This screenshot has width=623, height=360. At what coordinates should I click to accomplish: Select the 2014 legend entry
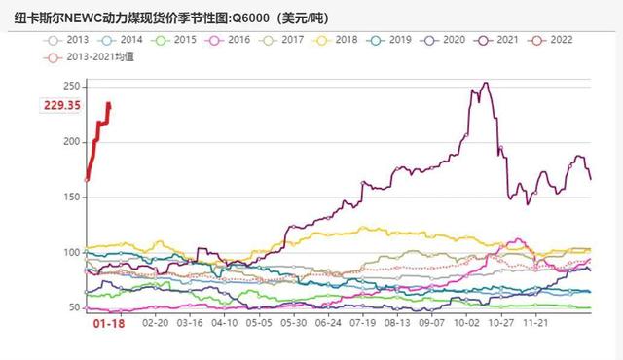(x=126, y=40)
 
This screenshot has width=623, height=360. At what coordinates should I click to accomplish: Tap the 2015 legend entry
(x=180, y=40)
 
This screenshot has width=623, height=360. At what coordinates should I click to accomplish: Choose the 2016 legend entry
(x=235, y=40)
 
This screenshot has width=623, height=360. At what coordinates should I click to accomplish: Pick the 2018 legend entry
(x=344, y=40)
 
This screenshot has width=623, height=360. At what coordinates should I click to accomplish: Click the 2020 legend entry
(x=453, y=40)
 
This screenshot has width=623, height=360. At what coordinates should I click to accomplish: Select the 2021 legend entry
(x=507, y=40)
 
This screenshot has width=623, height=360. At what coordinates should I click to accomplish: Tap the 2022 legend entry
(x=562, y=40)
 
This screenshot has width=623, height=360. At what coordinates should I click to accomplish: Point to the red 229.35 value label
(x=60, y=105)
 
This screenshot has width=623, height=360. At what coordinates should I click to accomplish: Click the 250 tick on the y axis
(x=71, y=87)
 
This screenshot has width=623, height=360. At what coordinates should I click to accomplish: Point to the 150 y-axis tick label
(x=71, y=198)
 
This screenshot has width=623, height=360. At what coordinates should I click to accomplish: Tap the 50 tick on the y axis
(x=74, y=307)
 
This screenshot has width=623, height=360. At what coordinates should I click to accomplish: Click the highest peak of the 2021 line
(x=485, y=83)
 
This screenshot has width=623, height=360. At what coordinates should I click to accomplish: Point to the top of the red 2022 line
(x=108, y=103)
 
